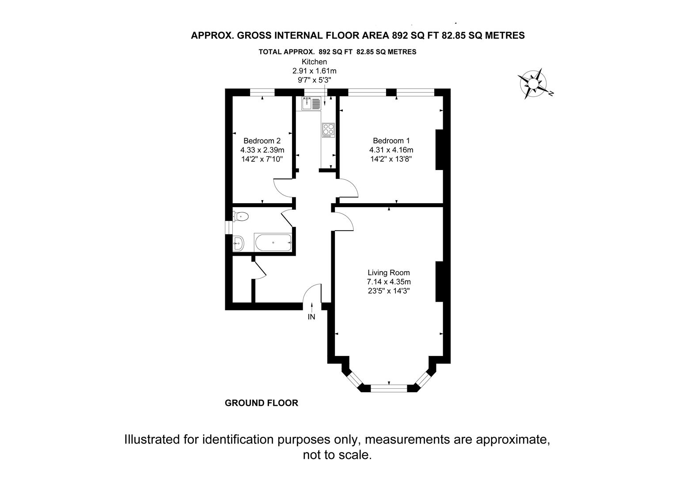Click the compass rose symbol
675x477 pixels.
click(534, 83)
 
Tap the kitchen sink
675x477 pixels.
click(311, 103)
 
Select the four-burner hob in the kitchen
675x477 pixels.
click(328, 130)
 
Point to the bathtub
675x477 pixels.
click(273, 242)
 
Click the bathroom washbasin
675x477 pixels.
click(238, 243)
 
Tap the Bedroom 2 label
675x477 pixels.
click(262, 141)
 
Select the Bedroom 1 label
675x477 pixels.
click(391, 141)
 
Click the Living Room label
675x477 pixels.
click(389, 273)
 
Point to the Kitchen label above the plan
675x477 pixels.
click(314, 62)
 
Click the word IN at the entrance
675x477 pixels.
click(311, 317)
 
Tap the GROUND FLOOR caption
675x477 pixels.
click(261, 403)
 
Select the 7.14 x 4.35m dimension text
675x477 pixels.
click(389, 282)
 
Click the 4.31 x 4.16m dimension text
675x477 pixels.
click(391, 150)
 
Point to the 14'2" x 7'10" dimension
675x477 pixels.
click(262, 159)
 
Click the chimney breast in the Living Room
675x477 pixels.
click(439, 281)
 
